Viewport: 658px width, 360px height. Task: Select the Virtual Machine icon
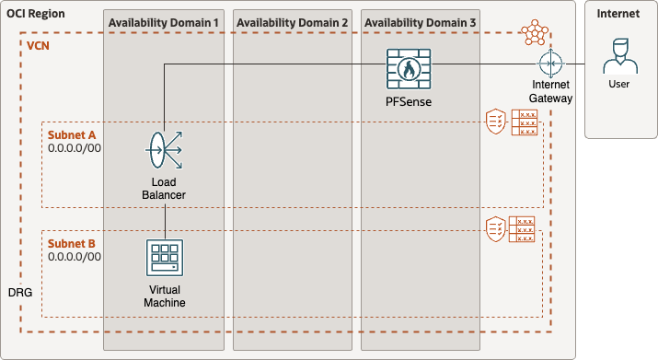pos(165,259)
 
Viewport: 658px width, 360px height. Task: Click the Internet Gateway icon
pos(551,64)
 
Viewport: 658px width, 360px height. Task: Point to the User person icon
pos(618,57)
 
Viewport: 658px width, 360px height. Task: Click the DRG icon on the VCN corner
pos(534,34)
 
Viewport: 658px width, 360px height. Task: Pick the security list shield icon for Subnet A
pos(496,122)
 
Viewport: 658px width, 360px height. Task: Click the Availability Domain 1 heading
pos(164,22)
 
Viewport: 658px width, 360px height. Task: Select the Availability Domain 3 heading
pos(420,22)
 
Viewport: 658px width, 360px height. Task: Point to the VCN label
pos(40,44)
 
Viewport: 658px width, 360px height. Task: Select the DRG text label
pos(18,291)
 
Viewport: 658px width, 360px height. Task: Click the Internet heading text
pos(618,14)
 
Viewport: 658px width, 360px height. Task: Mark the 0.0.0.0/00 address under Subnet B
pos(75,257)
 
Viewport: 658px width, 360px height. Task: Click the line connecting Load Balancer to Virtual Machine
pos(165,221)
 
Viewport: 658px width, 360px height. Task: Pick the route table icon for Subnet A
pos(525,122)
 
